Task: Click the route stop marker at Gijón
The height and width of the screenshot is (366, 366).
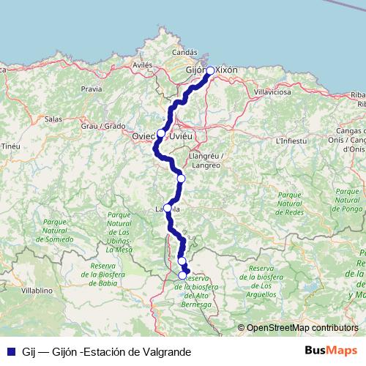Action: coord(210,70)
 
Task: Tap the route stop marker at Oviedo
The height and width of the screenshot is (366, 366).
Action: coord(161,133)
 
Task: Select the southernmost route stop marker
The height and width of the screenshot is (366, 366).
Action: coord(182,275)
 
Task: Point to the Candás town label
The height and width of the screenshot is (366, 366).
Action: coord(184,53)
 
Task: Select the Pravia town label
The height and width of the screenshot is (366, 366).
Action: coord(91,89)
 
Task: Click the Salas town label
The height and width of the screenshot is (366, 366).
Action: coord(53,118)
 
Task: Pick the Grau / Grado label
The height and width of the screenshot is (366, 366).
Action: coord(103,126)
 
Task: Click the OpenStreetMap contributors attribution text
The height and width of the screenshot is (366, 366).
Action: coord(302,328)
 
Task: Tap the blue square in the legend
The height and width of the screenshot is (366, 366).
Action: coord(11,352)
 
